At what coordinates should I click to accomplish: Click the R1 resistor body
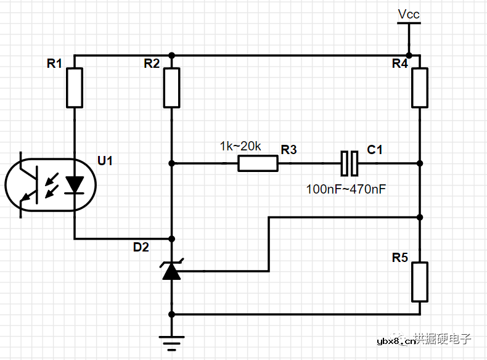75,88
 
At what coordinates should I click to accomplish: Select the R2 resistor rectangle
172,88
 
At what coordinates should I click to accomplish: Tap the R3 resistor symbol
258,163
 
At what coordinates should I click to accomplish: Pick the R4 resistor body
420,88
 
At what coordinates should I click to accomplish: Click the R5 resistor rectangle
420,282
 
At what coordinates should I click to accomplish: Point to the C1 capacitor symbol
350,163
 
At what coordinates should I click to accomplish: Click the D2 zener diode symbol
172,271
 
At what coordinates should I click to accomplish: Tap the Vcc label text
409,14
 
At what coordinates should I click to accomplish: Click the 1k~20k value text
240,146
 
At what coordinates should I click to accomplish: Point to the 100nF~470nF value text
346,189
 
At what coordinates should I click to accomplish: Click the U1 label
105,161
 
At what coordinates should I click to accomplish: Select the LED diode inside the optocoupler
75,184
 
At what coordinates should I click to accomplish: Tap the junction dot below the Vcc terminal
409,55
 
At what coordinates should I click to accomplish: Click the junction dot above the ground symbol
172,314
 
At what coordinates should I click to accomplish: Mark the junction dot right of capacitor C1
420,163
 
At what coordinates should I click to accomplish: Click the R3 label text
289,150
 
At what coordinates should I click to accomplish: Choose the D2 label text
141,247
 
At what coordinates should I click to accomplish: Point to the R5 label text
400,257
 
